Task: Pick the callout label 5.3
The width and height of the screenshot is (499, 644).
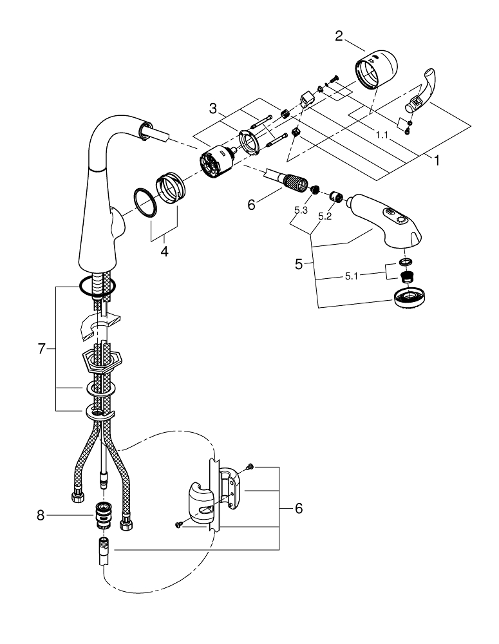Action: tap(301, 210)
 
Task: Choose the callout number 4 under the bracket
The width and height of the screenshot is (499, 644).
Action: tap(164, 252)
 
